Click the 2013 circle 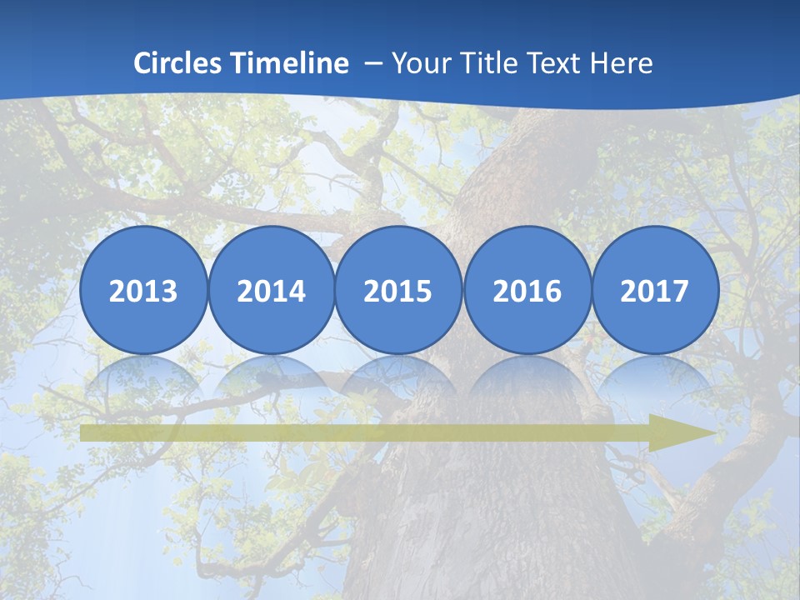click(143, 291)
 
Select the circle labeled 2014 click(271, 291)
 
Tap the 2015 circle click(398, 291)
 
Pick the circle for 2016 click(527, 291)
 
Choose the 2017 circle click(654, 291)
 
